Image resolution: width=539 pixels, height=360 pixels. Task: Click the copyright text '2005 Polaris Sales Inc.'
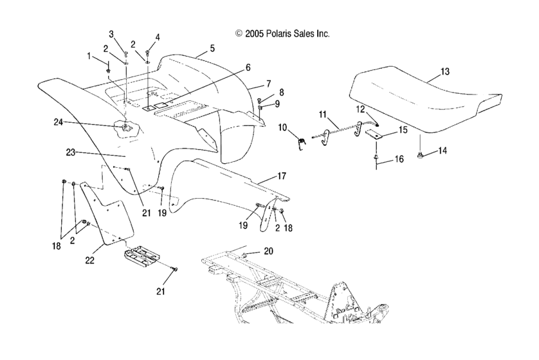[x=287, y=33]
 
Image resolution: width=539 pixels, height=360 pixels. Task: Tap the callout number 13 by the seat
[x=445, y=72]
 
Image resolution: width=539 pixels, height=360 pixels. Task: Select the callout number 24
[x=59, y=122]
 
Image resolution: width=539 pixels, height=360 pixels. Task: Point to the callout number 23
[x=71, y=152]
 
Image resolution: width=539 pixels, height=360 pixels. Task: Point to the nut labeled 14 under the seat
[x=420, y=156]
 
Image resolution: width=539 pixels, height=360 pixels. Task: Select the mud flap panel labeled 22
[x=107, y=213]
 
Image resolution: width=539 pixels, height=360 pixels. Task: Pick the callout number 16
[x=399, y=159]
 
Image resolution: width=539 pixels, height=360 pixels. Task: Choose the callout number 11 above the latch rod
[x=322, y=114]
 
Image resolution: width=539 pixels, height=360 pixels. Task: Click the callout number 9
[x=277, y=104]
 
